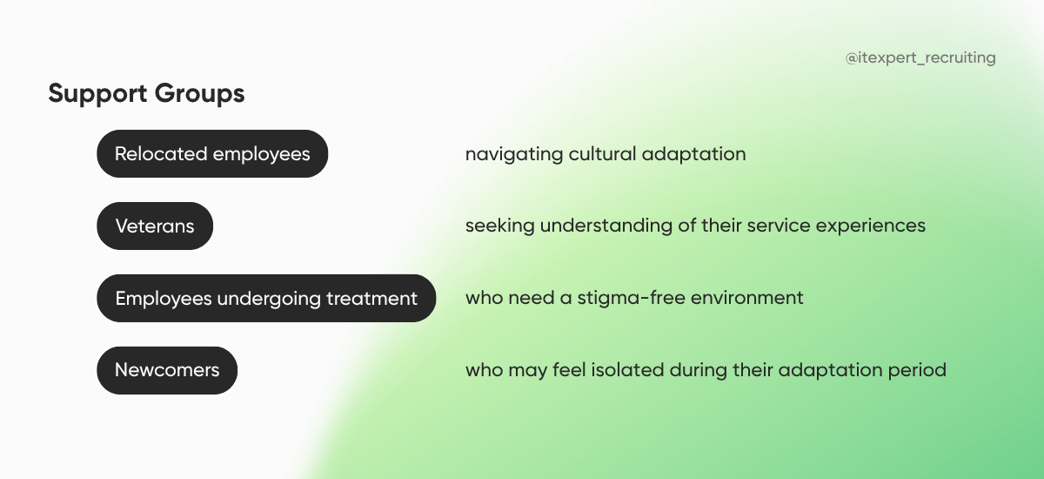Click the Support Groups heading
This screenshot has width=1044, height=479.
click(x=146, y=93)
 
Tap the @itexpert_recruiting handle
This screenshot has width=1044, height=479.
click(x=920, y=58)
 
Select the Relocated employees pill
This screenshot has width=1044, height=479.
click(x=212, y=154)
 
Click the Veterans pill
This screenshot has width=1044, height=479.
click(x=155, y=226)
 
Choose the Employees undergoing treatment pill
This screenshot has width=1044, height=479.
click(x=266, y=299)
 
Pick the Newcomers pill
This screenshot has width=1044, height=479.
click(x=167, y=370)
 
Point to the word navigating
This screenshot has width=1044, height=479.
click(x=513, y=154)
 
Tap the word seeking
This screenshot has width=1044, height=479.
click(x=499, y=226)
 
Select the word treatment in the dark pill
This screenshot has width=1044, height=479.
click(x=371, y=299)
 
